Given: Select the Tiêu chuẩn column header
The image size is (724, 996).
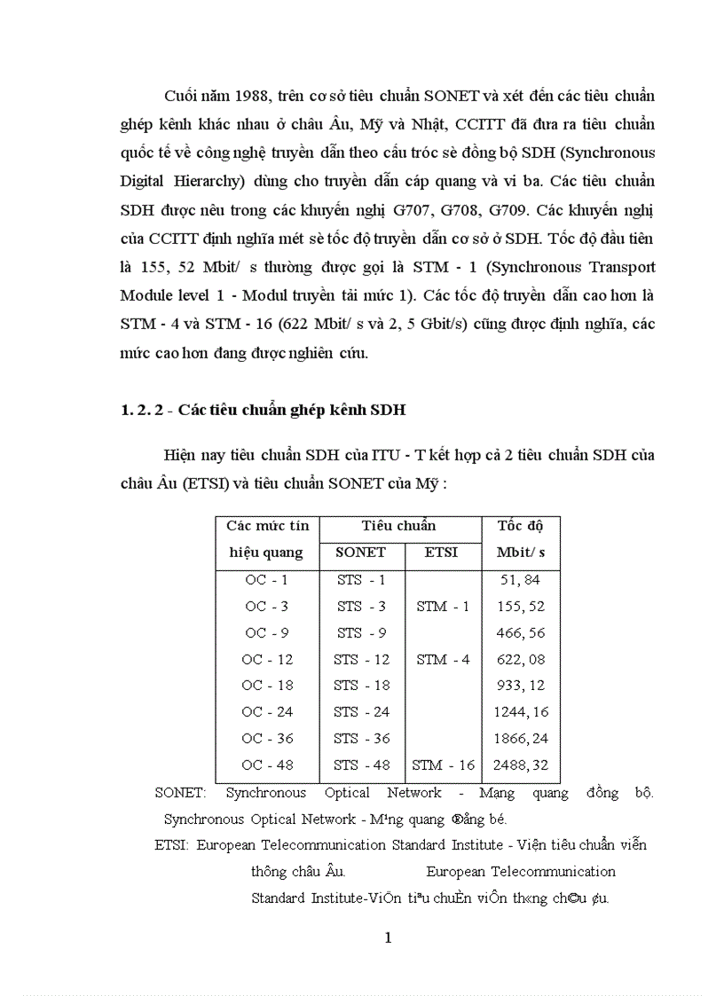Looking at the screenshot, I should (x=398, y=526).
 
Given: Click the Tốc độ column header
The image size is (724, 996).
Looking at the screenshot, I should (x=520, y=526).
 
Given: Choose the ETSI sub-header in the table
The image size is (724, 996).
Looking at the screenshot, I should (x=441, y=553).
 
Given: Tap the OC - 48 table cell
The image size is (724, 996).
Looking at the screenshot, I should (x=267, y=765).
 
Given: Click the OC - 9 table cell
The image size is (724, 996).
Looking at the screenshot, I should (x=267, y=633).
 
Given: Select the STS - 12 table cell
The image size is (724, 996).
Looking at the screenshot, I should (x=361, y=660).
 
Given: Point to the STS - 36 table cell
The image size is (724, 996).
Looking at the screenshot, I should (x=361, y=738).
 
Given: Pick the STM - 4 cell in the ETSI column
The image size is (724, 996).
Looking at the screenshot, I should (x=443, y=660).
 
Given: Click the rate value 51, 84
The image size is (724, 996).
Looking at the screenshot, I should (x=520, y=581).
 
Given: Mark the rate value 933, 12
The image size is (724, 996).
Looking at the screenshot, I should (x=520, y=686).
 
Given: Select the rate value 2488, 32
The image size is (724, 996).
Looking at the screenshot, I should (x=520, y=765).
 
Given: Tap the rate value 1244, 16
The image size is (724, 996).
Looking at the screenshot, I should (x=520, y=712).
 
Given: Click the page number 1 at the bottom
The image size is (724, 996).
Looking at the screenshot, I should (x=388, y=938).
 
